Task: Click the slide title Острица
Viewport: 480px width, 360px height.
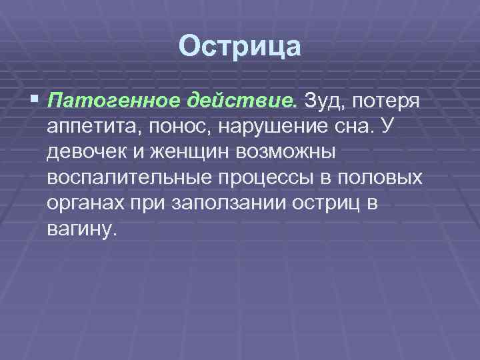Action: click(x=240, y=47)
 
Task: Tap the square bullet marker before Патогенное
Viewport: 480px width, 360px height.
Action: click(x=35, y=101)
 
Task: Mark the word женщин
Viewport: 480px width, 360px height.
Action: click(x=186, y=152)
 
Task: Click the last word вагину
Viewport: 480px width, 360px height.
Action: click(x=82, y=229)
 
